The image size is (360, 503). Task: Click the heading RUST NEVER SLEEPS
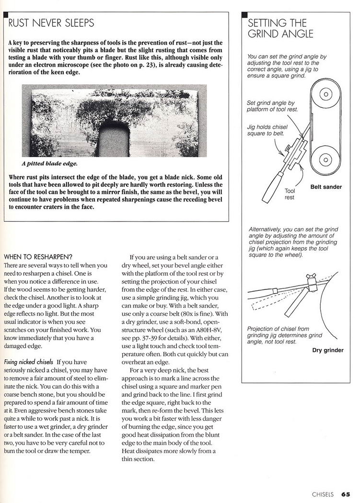pos(52,23)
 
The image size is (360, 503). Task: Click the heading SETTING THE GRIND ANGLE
pos(280,28)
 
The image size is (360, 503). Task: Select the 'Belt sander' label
pos(326,187)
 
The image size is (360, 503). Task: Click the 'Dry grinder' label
pos(328,350)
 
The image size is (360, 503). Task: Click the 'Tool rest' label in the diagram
pos(290,194)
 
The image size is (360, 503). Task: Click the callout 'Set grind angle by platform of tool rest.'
pos(272,106)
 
